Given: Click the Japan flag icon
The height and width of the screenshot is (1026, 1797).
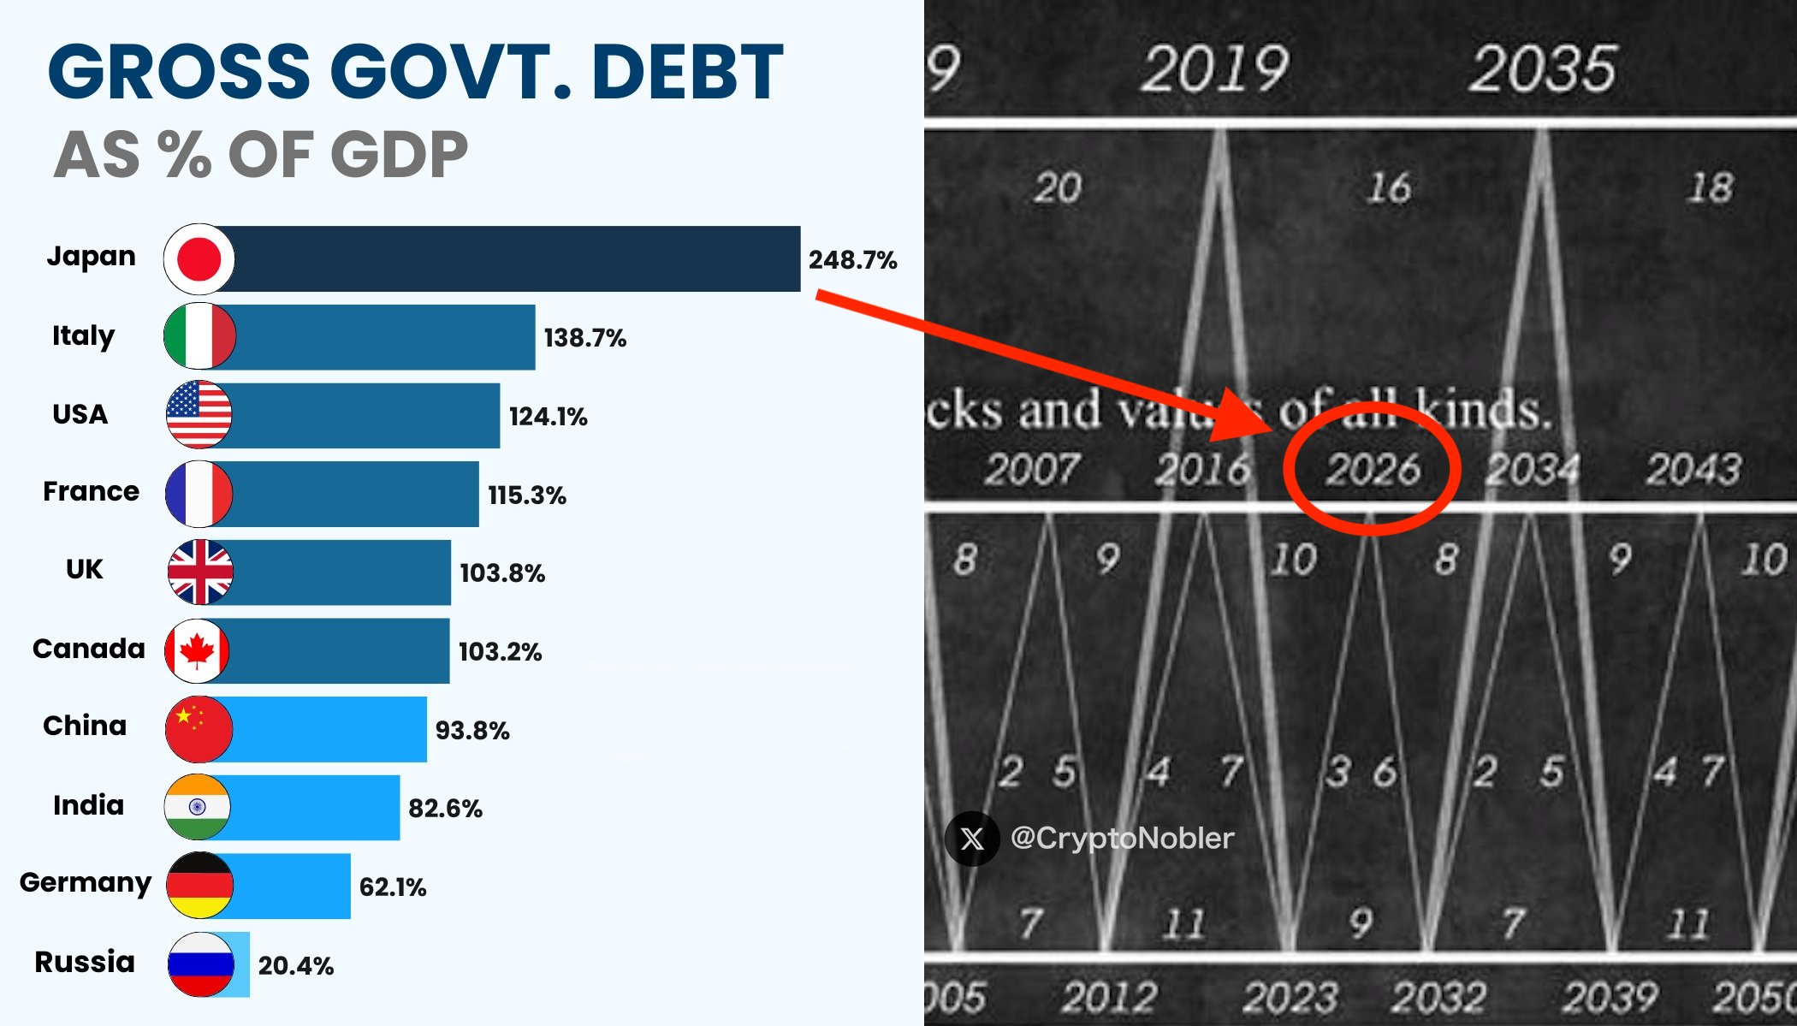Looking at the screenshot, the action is click(x=199, y=258).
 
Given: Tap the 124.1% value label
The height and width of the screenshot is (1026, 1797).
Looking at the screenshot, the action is click(x=548, y=417).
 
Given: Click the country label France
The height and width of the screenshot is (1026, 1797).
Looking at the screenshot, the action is click(x=91, y=491).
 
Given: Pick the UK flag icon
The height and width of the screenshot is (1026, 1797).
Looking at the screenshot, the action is click(x=199, y=572).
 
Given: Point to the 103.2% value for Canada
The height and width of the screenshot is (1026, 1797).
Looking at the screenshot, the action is click(x=500, y=652).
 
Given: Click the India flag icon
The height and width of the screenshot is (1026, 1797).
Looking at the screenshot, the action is click(x=198, y=807).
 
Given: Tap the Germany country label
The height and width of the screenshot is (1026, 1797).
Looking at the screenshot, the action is click(x=86, y=882).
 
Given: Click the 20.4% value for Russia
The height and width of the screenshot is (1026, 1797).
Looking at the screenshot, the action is click(x=295, y=966).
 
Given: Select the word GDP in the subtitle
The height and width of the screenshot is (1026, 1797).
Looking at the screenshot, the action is click(x=399, y=155).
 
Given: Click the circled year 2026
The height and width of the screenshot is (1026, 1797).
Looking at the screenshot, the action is click(x=1373, y=470).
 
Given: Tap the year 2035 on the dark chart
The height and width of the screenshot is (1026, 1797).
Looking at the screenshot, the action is click(x=1543, y=69).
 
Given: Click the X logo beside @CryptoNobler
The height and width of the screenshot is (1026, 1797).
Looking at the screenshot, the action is click(x=972, y=839).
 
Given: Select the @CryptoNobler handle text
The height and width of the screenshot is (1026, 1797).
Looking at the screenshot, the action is click(x=1122, y=838).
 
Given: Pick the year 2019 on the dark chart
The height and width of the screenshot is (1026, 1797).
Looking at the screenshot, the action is click(x=1213, y=69).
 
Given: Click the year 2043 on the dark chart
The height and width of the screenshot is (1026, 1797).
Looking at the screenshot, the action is click(x=1693, y=470).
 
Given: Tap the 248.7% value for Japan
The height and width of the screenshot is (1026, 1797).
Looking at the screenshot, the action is click(x=852, y=260).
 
